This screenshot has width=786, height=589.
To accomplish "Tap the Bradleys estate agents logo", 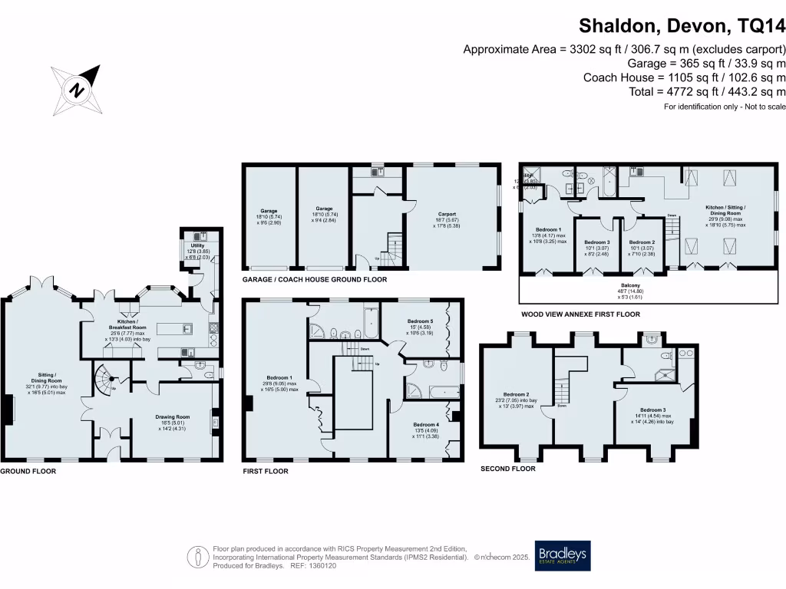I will [x=563, y=556].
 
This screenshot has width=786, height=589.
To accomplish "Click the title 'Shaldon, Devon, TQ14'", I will [x=682, y=26].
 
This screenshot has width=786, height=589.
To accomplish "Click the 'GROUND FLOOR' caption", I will [x=28, y=471].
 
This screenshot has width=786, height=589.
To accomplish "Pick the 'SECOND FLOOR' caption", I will [x=507, y=468].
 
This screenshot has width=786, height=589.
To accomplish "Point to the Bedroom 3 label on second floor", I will [x=652, y=410].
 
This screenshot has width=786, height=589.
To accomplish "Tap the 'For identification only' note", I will [x=725, y=106].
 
